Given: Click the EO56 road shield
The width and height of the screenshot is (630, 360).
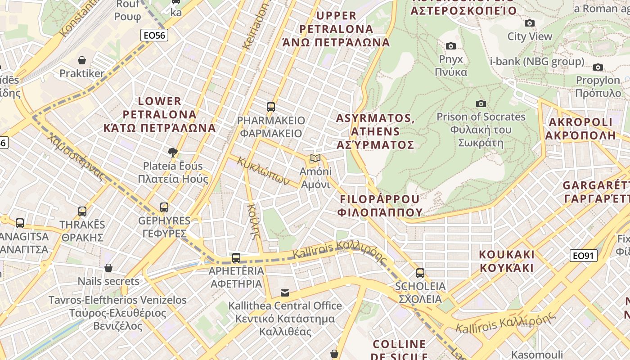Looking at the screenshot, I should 154,35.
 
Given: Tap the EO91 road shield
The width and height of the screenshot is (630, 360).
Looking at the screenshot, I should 583,256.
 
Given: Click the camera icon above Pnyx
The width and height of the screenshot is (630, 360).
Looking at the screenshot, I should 450,46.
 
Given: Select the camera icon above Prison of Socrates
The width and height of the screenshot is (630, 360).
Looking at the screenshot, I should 481,103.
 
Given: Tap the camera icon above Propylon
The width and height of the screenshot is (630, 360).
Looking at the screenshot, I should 598,67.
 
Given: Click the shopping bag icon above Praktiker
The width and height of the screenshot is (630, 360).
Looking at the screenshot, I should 82,60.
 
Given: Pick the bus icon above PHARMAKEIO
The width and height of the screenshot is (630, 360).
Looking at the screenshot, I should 270,107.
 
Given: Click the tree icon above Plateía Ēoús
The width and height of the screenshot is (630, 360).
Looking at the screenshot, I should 172,153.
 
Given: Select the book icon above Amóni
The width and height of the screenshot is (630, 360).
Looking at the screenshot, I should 315,158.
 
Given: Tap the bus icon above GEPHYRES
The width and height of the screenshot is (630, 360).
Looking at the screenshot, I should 164,207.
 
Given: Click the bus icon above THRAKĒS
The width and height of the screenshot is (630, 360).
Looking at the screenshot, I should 82,211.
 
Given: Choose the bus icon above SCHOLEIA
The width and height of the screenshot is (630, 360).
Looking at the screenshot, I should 420,273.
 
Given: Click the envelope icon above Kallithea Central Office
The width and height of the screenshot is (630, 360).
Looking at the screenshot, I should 285,293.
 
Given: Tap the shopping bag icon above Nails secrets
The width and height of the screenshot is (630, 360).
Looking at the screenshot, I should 108,268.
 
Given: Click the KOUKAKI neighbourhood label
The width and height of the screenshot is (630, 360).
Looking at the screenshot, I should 507,261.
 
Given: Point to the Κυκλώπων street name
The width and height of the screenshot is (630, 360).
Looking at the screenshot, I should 263,171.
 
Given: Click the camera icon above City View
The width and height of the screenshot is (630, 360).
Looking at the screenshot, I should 530,23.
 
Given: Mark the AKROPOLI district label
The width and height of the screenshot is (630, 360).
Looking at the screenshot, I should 580,128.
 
